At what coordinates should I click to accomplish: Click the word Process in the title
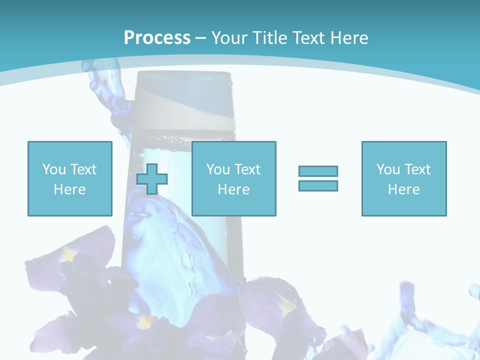157,37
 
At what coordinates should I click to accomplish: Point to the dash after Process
201,38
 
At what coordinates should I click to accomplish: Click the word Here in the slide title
348,37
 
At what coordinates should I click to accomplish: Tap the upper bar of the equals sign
318,171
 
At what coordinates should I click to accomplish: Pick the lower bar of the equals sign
318,185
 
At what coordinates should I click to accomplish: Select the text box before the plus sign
69,178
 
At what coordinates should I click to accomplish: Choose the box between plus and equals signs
233,178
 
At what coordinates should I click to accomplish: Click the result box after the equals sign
403,178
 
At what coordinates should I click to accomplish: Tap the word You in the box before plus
54,169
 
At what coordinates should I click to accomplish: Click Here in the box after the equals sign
403,189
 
